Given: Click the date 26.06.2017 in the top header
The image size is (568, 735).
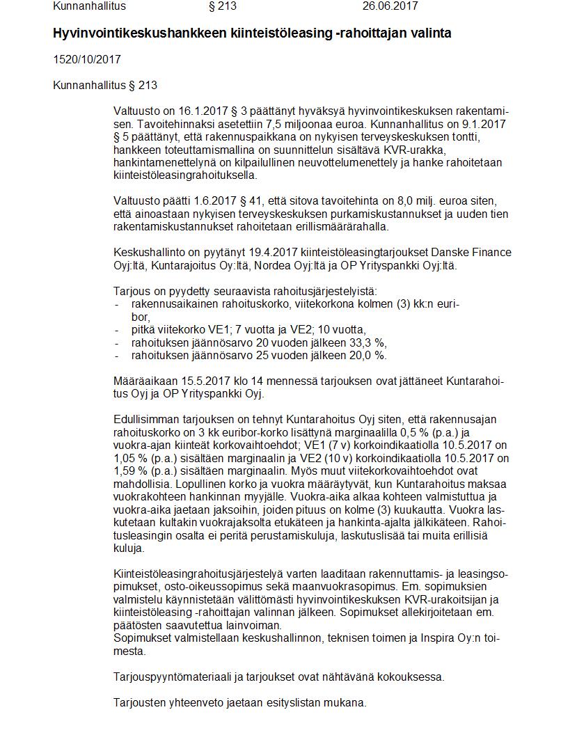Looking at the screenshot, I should click(390, 6).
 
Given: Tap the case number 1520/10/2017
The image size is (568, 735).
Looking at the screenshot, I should click(86, 59).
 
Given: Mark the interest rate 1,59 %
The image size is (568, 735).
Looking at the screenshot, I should click(132, 471).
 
